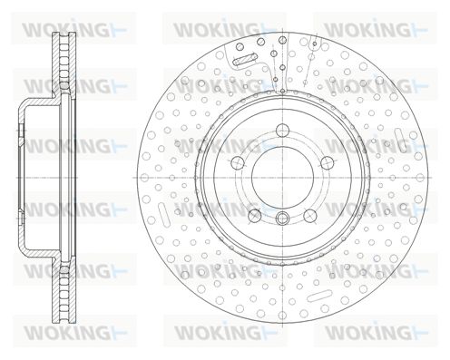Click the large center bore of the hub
click(x=282, y=178)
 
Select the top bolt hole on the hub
click(x=282, y=131)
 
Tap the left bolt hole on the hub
click(x=238, y=163)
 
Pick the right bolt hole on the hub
click(x=328, y=163)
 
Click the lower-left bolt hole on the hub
click(x=255, y=215)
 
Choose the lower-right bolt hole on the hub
click(x=310, y=215)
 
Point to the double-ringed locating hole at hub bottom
click(x=282, y=218)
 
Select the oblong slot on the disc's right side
click(x=401, y=140)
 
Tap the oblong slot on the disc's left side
click(x=164, y=215)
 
